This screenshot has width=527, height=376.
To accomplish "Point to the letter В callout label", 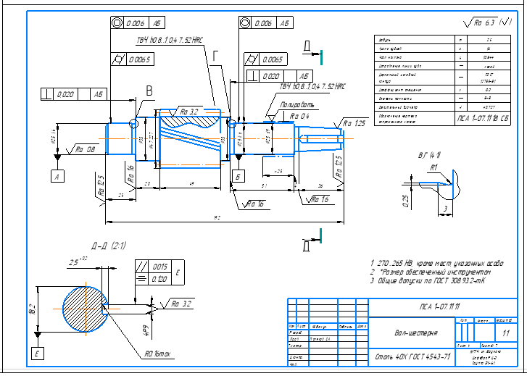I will tap(149, 91).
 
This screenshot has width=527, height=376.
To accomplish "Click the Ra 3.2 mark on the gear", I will tap(189, 112).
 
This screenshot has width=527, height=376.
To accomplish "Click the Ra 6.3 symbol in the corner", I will tap(491, 22).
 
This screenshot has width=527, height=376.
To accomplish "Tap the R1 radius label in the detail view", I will tap(433, 167).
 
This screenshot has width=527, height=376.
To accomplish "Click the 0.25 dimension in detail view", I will tap(405, 197).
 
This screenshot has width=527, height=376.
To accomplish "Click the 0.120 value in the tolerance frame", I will tap(159, 279).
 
